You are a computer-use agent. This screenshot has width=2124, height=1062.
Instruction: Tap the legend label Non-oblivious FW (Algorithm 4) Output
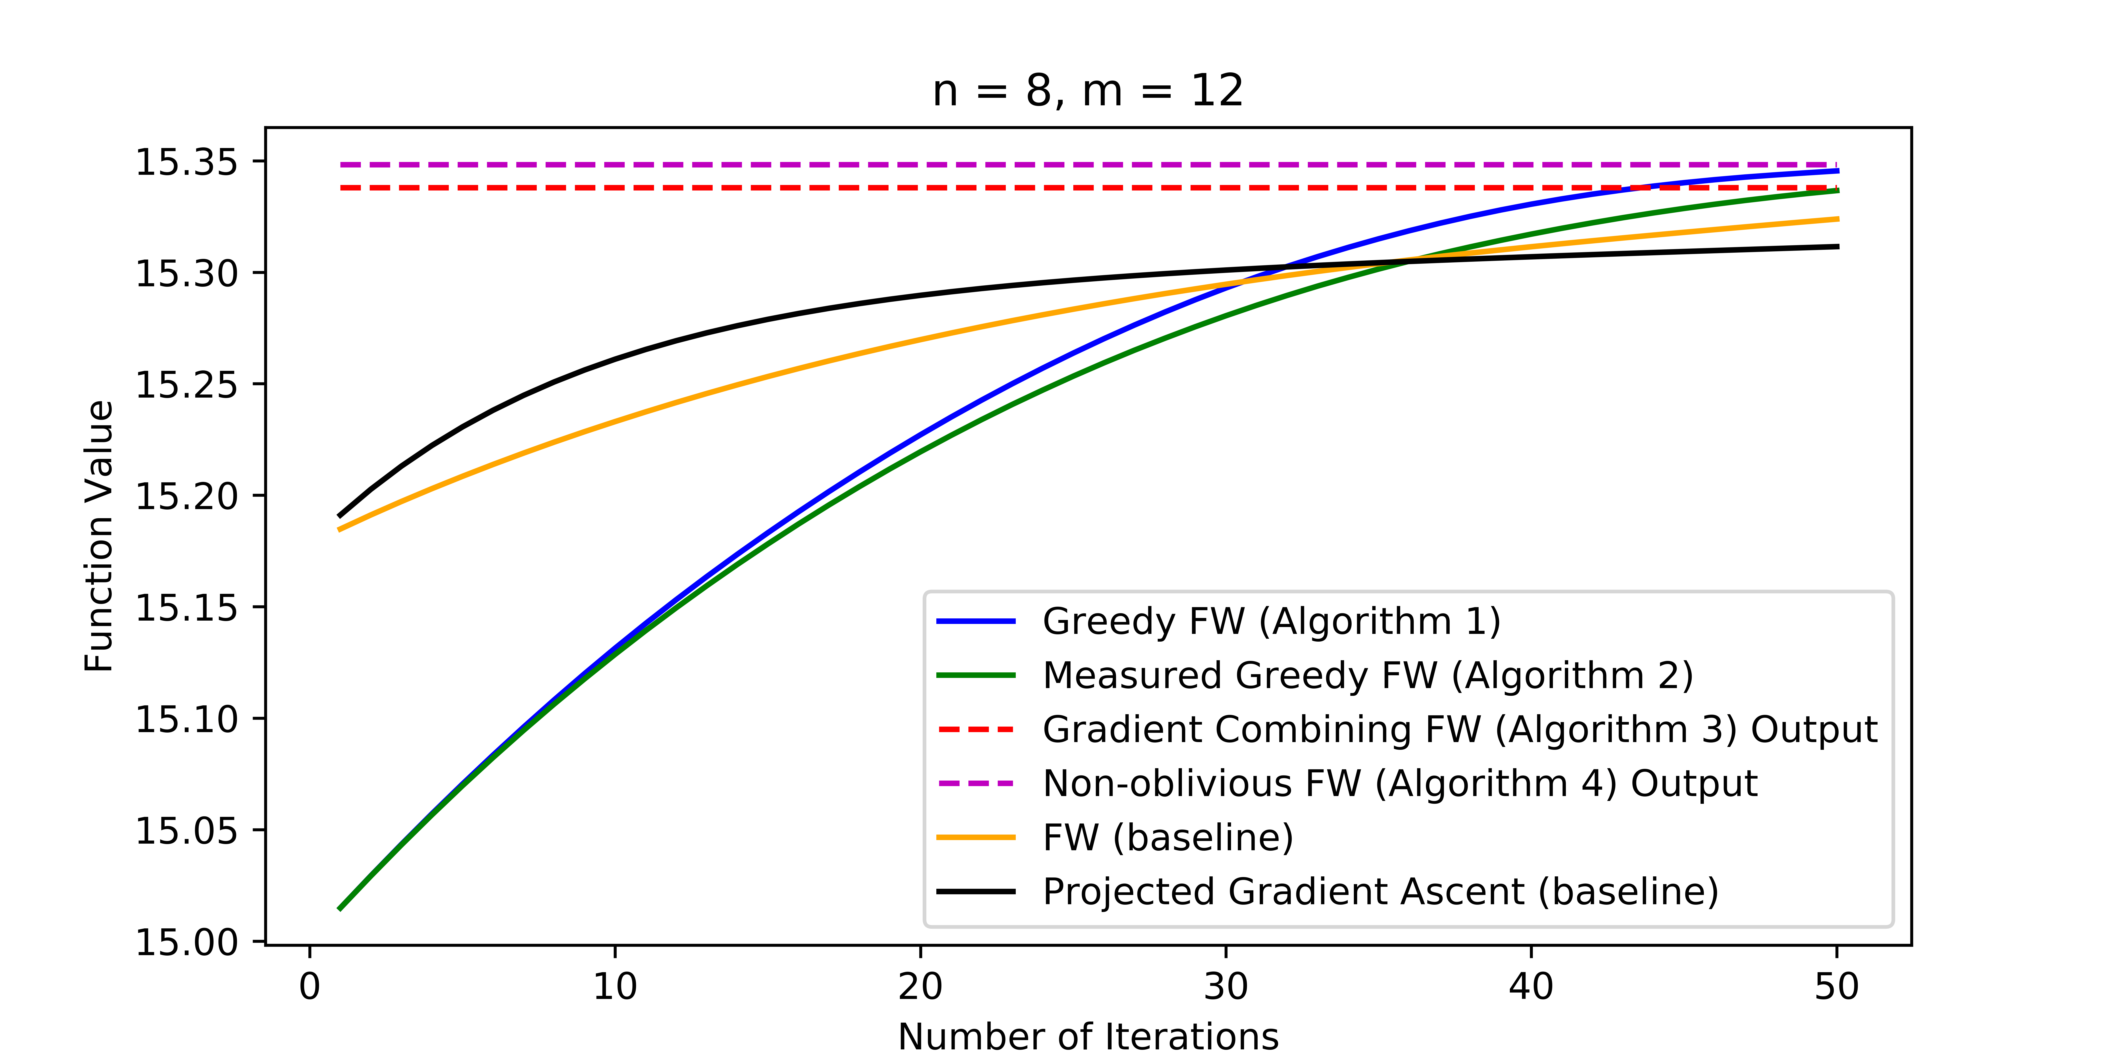(x=1399, y=783)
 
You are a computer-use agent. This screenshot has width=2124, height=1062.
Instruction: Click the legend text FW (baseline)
(x=1168, y=838)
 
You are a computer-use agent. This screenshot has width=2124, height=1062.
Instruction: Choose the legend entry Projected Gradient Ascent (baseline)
(x=1380, y=891)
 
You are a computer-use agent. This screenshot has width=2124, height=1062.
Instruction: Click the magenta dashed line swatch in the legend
(x=976, y=783)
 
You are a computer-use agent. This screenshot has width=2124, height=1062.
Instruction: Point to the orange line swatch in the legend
(x=976, y=838)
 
